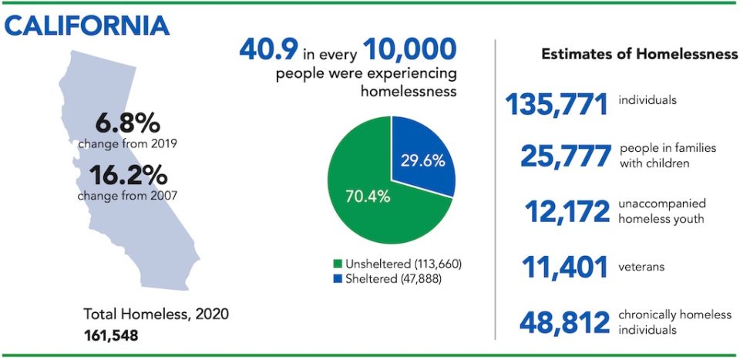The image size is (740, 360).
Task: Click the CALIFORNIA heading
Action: [x=86, y=26]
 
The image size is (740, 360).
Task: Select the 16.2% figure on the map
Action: [x=128, y=176]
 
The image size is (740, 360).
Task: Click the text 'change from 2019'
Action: [x=127, y=143]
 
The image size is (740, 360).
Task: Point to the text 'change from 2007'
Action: [x=127, y=195]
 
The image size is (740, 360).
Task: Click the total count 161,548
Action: [x=111, y=335]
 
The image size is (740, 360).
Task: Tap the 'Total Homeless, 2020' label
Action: [x=156, y=315]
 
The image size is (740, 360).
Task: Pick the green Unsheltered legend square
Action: [x=337, y=264]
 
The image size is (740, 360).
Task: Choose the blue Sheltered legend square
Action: [x=337, y=279]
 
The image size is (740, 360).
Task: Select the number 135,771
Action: [x=556, y=105]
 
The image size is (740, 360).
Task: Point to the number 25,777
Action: [x=565, y=156]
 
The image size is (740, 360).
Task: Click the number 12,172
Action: [x=567, y=212]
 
